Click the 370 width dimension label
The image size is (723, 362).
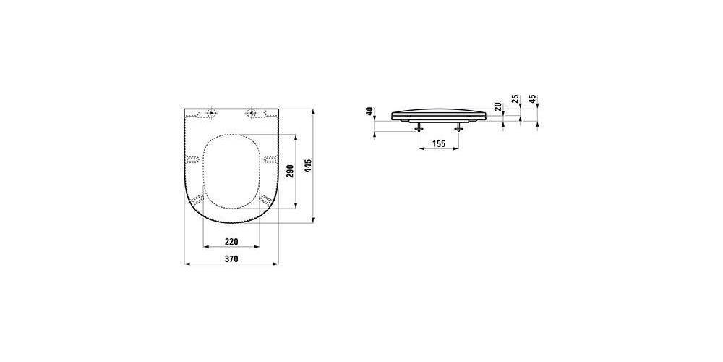coord(231,259)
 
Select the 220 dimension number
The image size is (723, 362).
coord(231,242)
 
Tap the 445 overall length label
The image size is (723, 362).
coord(309,166)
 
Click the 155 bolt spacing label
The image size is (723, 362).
coord(439,143)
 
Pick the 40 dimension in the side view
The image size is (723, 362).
coord(369,111)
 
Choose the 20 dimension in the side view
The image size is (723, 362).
coord(498,107)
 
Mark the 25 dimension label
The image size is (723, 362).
coord(516,98)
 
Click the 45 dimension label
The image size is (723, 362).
coord(533,98)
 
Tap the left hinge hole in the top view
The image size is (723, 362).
coord(211,113)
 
